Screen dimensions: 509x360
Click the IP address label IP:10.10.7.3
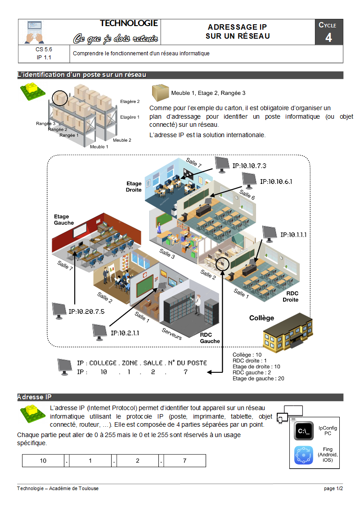[x=249, y=165]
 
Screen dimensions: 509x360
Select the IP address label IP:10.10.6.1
[x=276, y=182]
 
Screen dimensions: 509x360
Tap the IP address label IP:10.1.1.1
[x=293, y=234]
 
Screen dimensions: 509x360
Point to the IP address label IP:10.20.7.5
[x=86, y=311]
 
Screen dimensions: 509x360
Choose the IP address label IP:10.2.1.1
[x=125, y=333]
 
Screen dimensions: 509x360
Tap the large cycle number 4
[x=328, y=38]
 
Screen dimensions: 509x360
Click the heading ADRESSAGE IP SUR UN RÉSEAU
[x=238, y=31]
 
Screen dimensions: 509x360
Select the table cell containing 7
[x=184, y=461]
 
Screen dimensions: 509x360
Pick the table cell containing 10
[x=43, y=461]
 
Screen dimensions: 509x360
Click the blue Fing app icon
[x=304, y=455]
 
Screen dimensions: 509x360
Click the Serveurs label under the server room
[x=171, y=333]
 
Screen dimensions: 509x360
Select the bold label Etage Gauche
[x=64, y=220]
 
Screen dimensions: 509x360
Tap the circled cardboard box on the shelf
[x=59, y=97]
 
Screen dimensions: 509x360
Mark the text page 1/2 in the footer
[x=333, y=488]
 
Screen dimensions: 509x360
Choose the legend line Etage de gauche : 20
[x=258, y=379]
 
